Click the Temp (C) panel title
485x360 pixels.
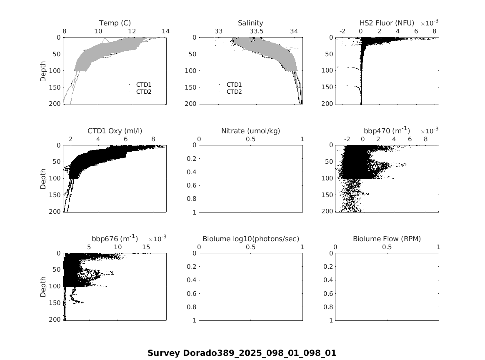pyautogui.click(x=115, y=23)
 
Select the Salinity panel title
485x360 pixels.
pyautogui.click(x=250, y=23)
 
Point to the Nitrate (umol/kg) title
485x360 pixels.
pyautogui.click(x=250, y=131)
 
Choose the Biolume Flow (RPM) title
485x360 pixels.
pyautogui.click(x=387, y=239)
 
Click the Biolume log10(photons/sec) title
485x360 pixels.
pyautogui.click(x=250, y=239)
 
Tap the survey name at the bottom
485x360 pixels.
pyautogui.click(x=242, y=353)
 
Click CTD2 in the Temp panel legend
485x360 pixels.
pyautogui.click(x=144, y=92)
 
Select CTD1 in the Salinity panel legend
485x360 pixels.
pyautogui.click(x=234, y=85)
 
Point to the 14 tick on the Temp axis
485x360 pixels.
pyautogui.click(x=166, y=31)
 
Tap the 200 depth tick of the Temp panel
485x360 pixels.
pyautogui.click(x=55, y=103)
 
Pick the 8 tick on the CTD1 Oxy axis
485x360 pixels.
pyautogui.click(x=153, y=139)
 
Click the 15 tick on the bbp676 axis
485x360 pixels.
pyautogui.click(x=146, y=247)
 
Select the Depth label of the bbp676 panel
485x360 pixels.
pyautogui.click(x=43, y=287)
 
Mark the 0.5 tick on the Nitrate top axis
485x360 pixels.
pyautogui.click(x=250, y=139)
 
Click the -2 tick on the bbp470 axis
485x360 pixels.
pyautogui.click(x=347, y=139)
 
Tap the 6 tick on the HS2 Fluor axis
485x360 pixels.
pyautogui.click(x=416, y=31)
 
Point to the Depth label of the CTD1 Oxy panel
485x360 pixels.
pyautogui.click(x=43, y=179)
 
